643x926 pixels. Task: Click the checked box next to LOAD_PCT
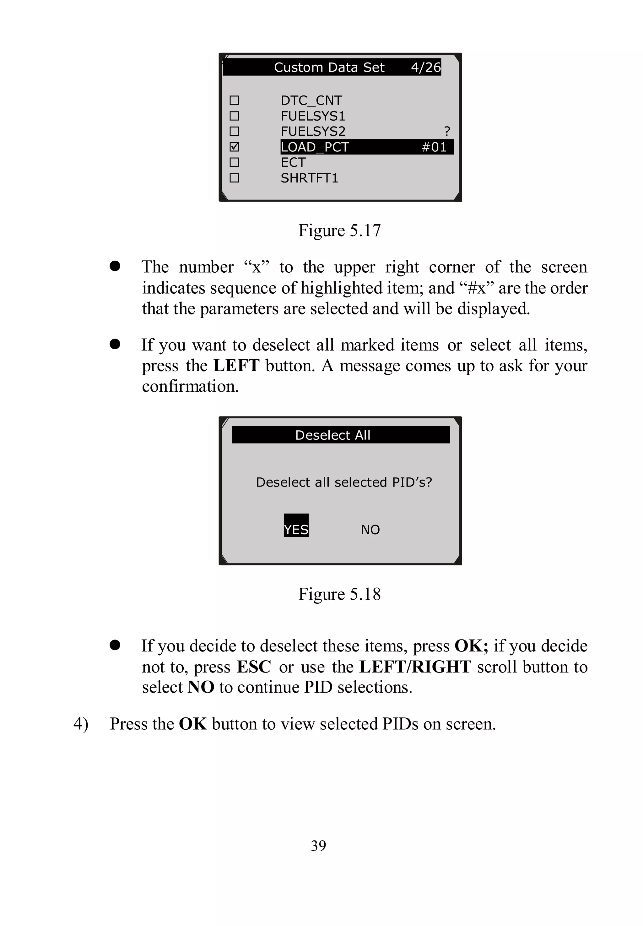click(234, 147)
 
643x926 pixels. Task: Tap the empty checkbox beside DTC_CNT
click(234, 100)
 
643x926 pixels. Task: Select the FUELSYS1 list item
click(313, 116)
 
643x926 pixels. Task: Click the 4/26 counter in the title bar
click(425, 67)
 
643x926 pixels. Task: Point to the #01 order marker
click(434, 147)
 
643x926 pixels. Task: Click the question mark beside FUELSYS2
click(447, 131)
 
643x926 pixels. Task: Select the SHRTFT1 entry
click(309, 178)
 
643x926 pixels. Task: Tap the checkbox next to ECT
click(234, 162)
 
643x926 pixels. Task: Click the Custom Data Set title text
click(329, 67)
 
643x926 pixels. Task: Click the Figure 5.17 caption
click(339, 231)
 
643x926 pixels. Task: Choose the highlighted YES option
click(296, 529)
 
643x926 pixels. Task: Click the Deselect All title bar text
click(333, 435)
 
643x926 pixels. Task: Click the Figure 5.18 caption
click(339, 594)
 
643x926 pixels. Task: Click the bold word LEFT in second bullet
click(236, 366)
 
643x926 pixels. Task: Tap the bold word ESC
click(253, 667)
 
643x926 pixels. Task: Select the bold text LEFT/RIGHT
click(415, 667)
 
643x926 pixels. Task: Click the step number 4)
click(81, 724)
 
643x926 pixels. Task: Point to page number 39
click(318, 845)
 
